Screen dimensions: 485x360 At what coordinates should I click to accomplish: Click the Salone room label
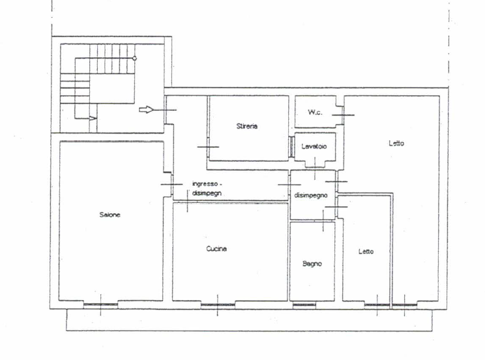point(110,215)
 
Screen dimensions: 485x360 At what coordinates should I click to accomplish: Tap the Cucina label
point(216,248)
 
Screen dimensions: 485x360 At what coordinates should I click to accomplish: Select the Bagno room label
point(312,263)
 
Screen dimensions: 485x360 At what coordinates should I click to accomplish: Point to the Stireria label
point(247,126)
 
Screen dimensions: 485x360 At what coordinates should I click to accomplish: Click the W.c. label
point(315,112)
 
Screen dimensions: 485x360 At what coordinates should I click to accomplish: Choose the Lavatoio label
point(314,147)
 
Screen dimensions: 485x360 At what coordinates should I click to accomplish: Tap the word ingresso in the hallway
point(205,184)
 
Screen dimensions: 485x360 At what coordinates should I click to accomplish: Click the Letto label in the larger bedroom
point(396,143)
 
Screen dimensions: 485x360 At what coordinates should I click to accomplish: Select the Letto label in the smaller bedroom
point(366,251)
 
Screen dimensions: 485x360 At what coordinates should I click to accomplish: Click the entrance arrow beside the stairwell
point(146,110)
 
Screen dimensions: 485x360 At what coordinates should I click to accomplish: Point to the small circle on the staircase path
point(134,58)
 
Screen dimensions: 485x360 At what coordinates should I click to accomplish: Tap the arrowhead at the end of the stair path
point(93,118)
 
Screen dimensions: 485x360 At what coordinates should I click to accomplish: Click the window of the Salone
point(100,305)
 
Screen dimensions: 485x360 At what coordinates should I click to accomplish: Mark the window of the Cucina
point(218,305)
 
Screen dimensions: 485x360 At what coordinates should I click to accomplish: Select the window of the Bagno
point(304,305)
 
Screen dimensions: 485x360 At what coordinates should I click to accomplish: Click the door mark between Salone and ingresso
point(171,185)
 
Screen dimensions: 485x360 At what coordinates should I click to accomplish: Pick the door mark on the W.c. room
point(344,115)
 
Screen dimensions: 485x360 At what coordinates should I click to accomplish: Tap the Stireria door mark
point(208,147)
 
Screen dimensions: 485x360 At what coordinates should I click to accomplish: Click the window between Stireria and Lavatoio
point(291,147)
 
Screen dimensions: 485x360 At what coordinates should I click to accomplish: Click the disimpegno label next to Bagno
point(311,195)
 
